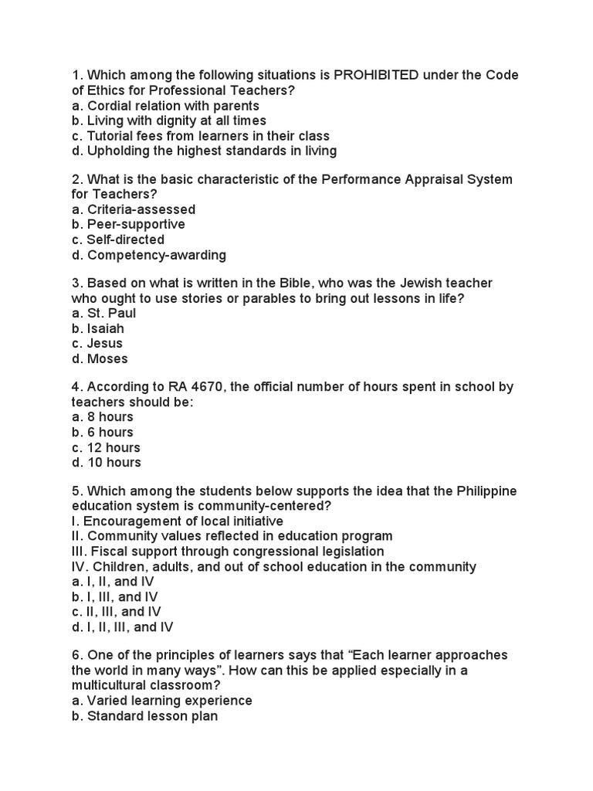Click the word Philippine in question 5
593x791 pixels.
pos(486,491)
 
